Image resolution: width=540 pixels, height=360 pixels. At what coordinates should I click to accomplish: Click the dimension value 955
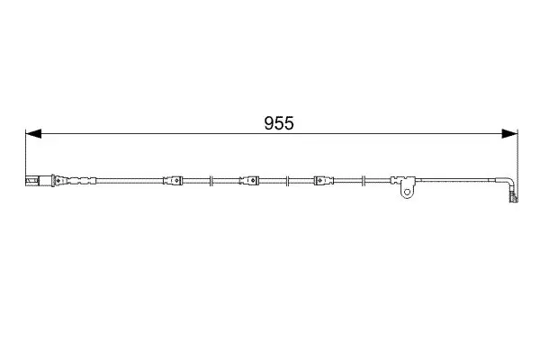point(279,123)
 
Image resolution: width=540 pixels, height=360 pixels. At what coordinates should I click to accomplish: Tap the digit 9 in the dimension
point(269,123)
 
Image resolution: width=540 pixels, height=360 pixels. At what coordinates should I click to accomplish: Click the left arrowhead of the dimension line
point(33,134)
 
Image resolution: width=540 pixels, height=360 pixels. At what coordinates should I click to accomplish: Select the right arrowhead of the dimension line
point(509,134)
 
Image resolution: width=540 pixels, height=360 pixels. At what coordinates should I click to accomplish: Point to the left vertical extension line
point(26,157)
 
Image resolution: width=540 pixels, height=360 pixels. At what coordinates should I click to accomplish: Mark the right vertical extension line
point(517,166)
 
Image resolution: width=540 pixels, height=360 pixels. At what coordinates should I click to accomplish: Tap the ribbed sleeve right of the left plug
point(76,181)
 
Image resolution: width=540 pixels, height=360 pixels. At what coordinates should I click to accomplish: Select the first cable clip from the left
point(173,180)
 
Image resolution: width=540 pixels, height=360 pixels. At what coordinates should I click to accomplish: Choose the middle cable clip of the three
point(249,180)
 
